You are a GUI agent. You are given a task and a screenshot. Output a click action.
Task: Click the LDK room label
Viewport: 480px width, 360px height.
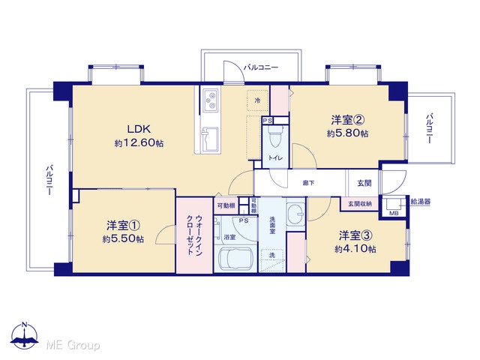pos(139,129)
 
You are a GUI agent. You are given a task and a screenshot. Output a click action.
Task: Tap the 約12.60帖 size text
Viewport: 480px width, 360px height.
pos(139,143)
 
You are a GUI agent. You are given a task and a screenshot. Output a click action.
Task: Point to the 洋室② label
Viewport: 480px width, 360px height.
pos(347,120)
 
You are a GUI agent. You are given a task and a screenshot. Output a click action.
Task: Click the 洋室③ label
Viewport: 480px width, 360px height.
pos(355,235)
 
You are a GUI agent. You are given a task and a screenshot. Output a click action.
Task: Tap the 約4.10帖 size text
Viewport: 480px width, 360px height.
pos(355,249)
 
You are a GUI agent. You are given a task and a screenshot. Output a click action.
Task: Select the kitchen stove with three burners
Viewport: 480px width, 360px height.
pos(210,100)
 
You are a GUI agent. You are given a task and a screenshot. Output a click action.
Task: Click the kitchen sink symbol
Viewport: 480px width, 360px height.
pos(210,139)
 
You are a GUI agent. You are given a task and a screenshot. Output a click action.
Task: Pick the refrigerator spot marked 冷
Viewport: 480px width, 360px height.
pos(257,100)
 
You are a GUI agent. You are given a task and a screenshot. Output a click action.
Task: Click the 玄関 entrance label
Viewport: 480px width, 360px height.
pos(364,183)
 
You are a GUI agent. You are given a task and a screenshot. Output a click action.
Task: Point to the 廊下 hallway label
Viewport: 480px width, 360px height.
pos(308,183)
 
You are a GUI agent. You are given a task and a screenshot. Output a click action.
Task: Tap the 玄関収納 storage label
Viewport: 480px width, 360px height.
pos(359,204)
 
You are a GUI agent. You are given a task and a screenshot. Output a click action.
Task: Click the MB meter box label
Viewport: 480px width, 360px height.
pos(394,213)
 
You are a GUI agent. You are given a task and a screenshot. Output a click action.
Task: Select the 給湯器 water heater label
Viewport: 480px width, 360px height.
pos(420,202)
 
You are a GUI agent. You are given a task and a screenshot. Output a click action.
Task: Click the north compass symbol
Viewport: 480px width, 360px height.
pos(25,336)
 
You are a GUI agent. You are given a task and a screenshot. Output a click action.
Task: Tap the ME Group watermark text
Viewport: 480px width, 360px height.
pos(73,345)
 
